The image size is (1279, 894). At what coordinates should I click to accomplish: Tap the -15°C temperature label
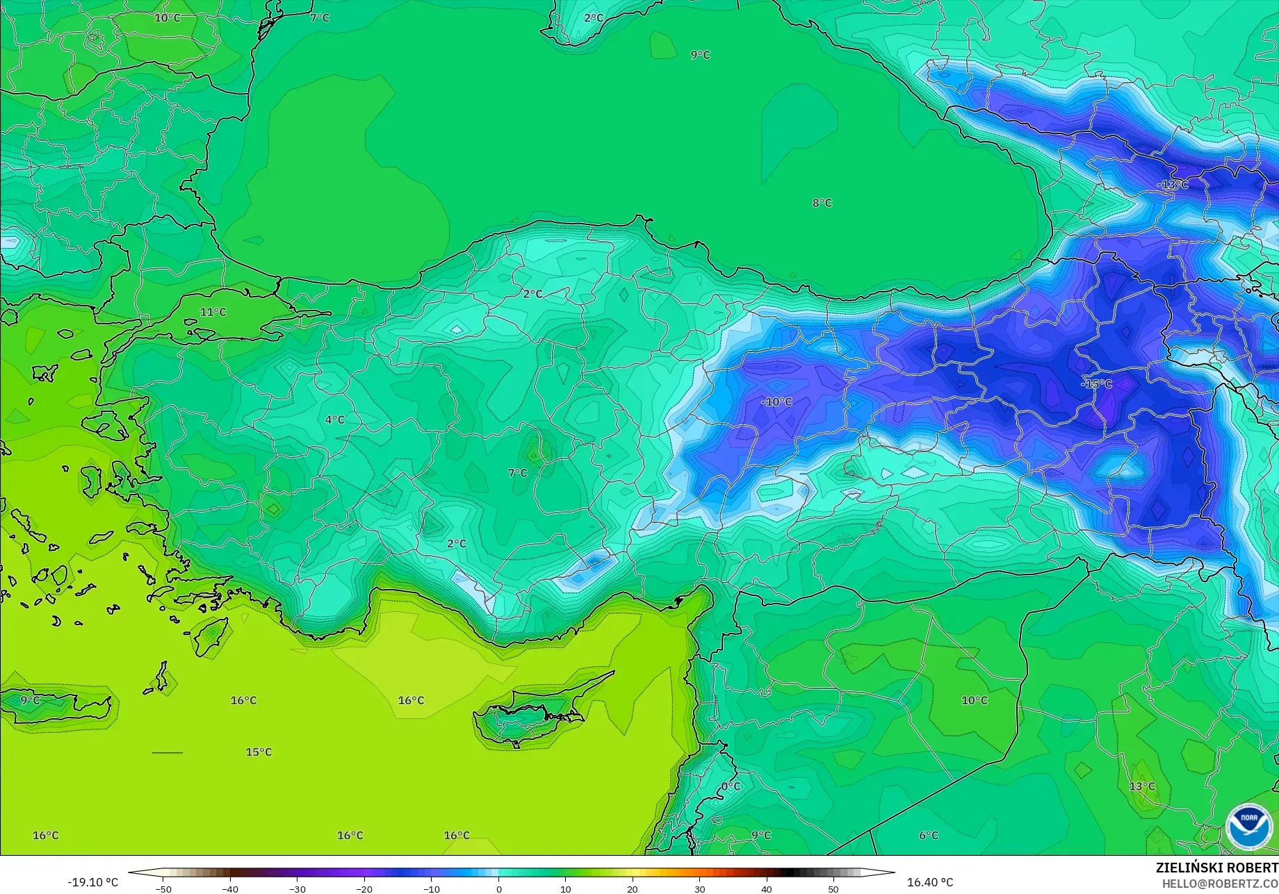click(1096, 384)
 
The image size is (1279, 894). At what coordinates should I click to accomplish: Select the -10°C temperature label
click(776, 402)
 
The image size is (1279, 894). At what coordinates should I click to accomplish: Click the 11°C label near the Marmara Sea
click(213, 313)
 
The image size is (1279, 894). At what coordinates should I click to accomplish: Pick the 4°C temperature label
click(334, 420)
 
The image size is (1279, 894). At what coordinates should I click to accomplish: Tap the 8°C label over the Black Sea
click(822, 203)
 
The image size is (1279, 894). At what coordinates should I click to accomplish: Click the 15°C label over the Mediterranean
click(259, 752)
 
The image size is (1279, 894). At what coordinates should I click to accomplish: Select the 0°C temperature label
click(731, 787)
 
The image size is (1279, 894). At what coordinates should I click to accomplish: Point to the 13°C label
click(1141, 786)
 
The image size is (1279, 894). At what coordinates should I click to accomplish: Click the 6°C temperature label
click(929, 836)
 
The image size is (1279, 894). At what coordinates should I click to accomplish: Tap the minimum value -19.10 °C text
click(92, 882)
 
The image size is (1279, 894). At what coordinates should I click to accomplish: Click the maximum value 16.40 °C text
click(930, 882)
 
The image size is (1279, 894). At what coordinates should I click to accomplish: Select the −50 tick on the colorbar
click(163, 888)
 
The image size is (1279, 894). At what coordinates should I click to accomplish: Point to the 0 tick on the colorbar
click(498, 888)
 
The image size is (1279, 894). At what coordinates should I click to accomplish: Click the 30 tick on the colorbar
click(699, 888)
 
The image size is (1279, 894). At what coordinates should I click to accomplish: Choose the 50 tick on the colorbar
click(833, 888)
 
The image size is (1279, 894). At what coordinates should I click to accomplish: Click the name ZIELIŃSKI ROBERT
click(1216, 868)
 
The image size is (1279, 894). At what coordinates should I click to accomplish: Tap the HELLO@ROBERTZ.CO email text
click(1220, 883)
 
